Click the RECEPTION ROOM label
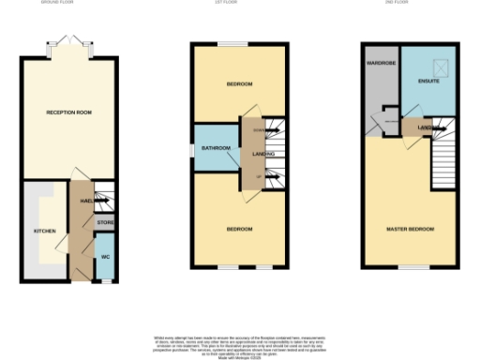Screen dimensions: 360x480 click(68, 112)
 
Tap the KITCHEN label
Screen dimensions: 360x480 click(45, 231)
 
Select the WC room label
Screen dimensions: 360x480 click(105, 255)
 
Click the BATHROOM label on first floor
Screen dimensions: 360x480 click(217, 147)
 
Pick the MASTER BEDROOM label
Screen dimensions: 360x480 click(410, 229)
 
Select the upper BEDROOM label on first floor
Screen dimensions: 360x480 click(239, 85)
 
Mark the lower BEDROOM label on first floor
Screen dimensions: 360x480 click(239, 227)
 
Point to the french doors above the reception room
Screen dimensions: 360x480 click(67, 43)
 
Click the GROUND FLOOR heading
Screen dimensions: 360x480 click(67, 4)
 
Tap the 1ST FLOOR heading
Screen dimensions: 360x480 click(239, 4)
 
